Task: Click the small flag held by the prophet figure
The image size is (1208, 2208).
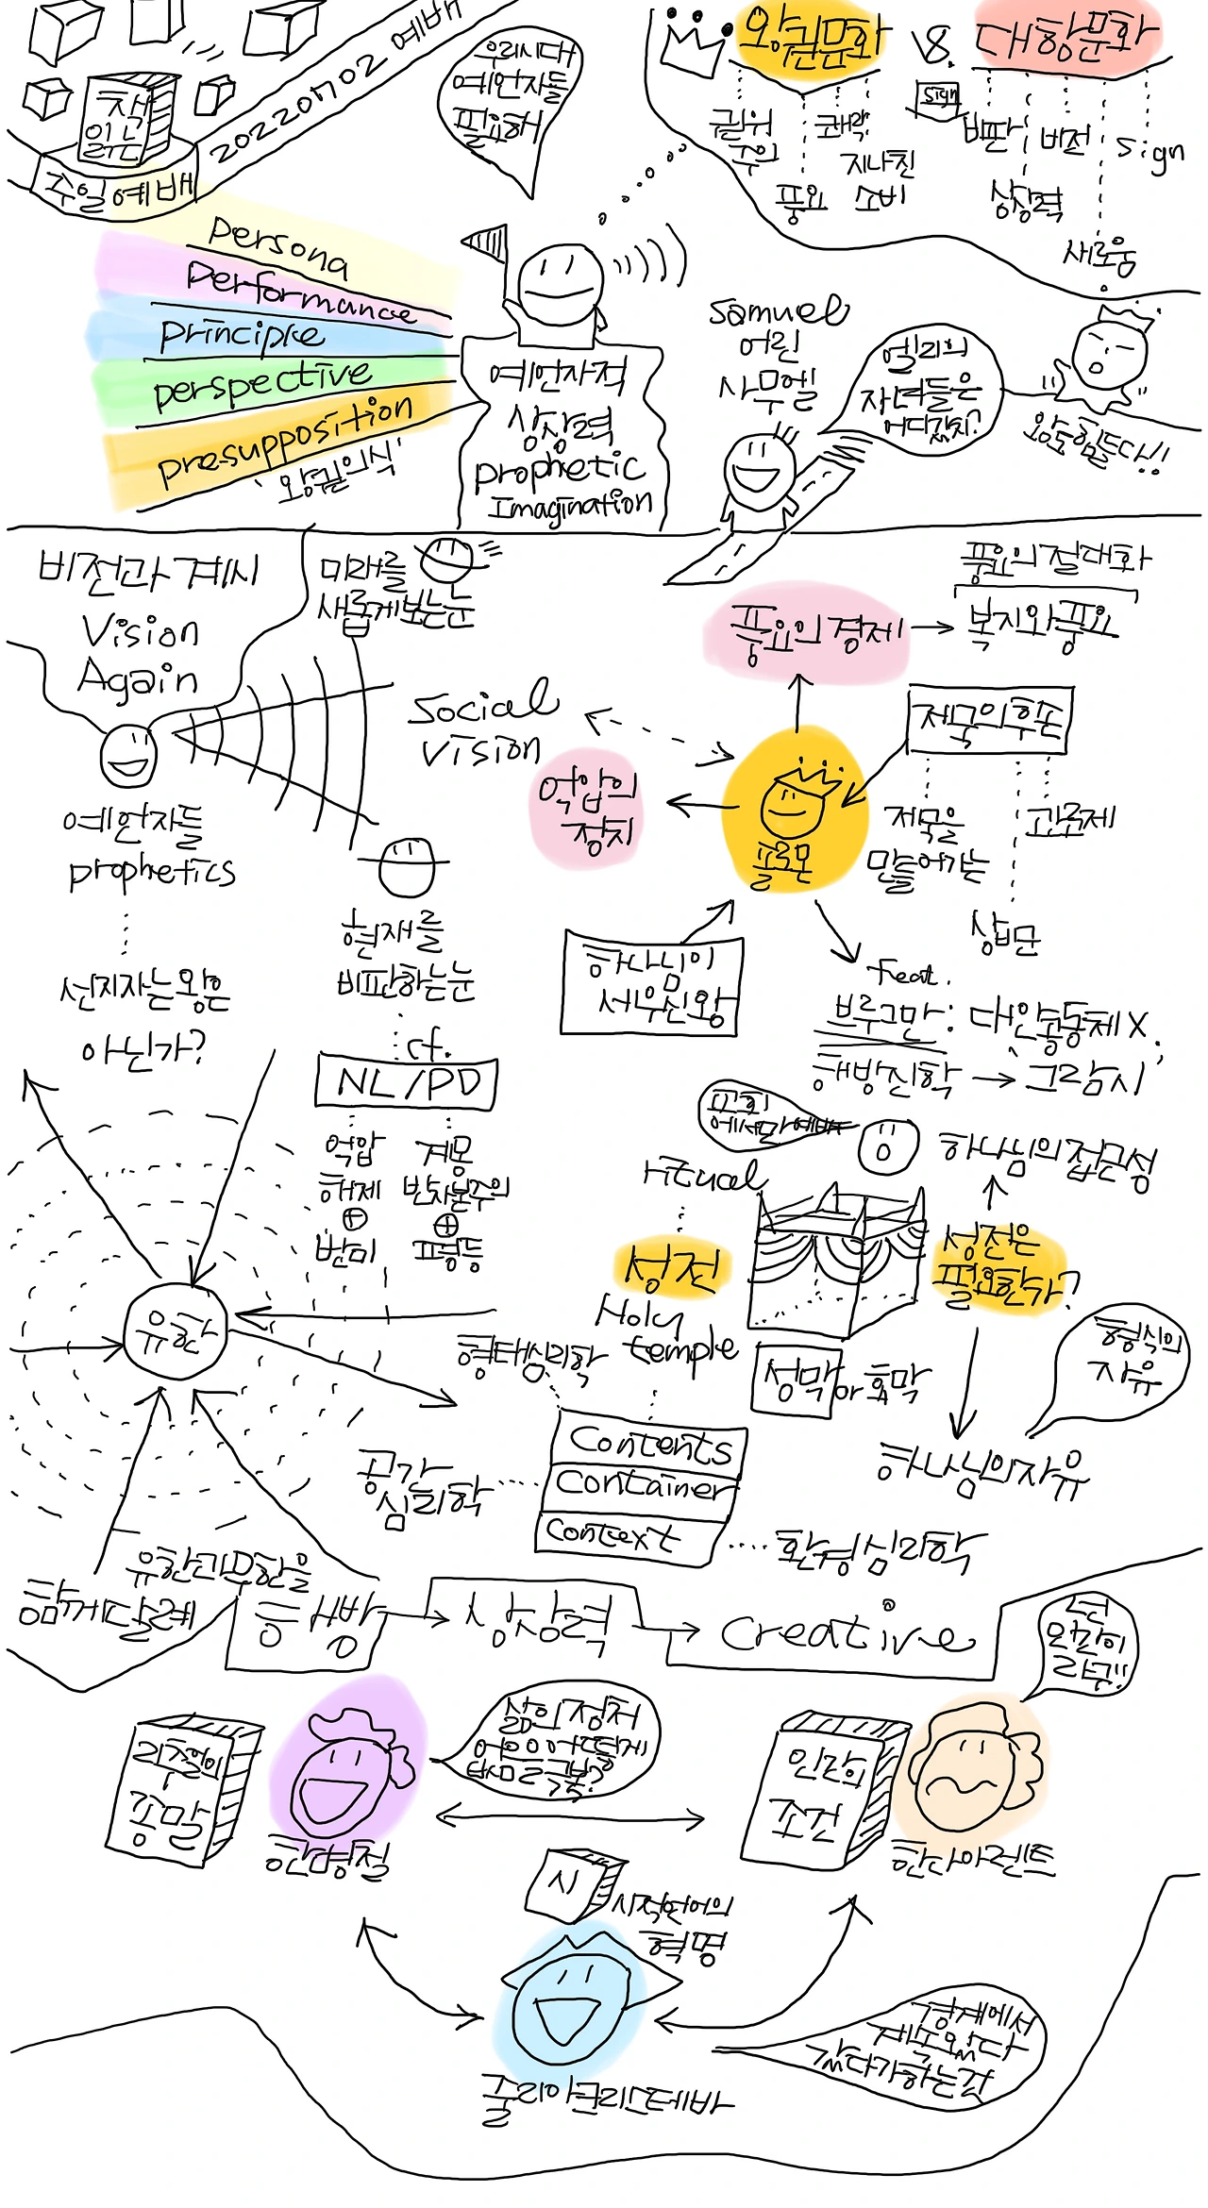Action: (488, 243)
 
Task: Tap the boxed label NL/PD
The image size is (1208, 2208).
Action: (407, 1082)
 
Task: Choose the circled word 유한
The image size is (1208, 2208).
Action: (175, 1334)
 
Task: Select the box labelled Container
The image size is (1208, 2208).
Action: (642, 1486)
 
